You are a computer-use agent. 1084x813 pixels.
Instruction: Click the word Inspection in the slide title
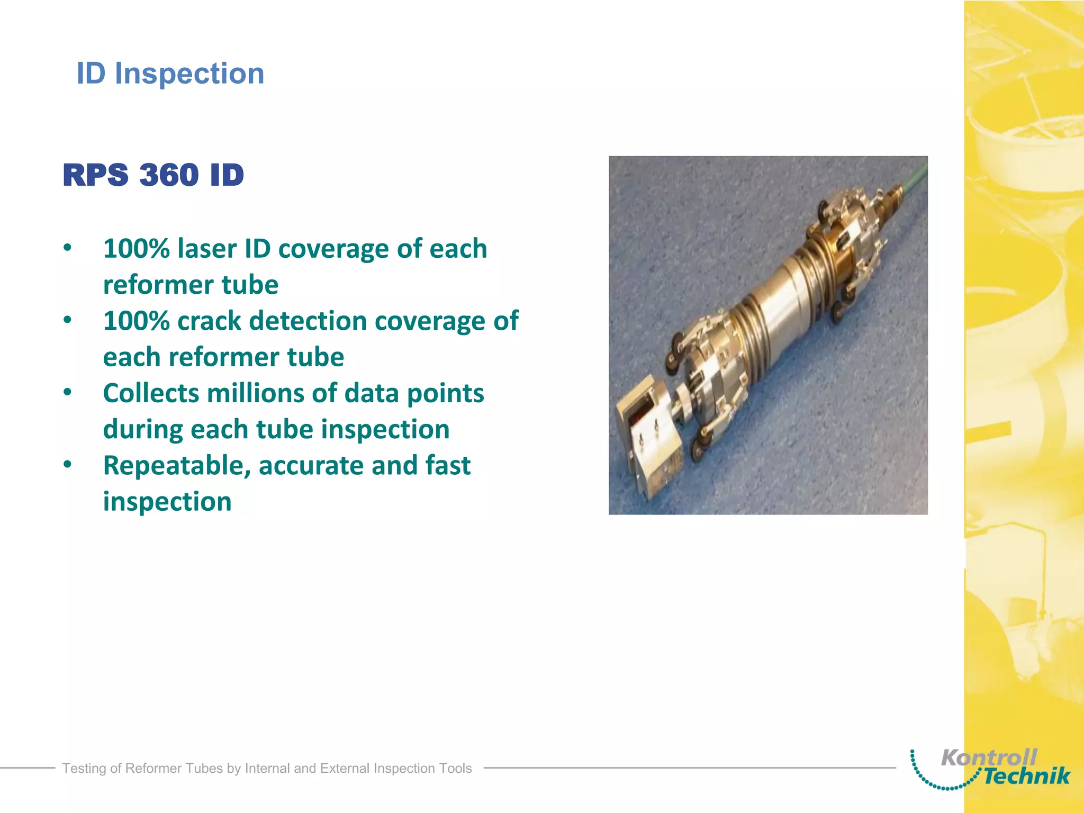(x=189, y=73)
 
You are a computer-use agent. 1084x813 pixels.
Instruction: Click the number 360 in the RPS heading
(x=168, y=175)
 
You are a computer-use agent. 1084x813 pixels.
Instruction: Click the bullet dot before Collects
(x=67, y=393)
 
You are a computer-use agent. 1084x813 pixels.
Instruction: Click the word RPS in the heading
(x=95, y=175)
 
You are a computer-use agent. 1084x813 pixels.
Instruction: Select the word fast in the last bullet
(x=448, y=466)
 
